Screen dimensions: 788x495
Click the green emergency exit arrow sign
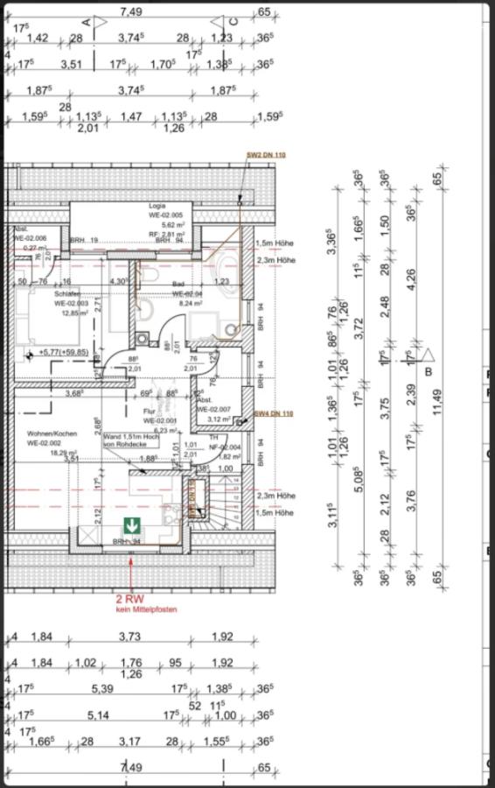[131, 526]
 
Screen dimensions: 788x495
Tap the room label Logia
[157, 206]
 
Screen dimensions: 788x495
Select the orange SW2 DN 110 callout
[266, 155]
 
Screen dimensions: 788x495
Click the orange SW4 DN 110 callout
[273, 412]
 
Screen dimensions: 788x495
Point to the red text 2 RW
[130, 599]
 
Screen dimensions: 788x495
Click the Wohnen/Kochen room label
[52, 433]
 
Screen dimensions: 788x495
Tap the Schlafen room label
[67, 293]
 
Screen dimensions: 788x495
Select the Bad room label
[178, 284]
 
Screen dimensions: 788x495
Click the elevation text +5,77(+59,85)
[64, 352]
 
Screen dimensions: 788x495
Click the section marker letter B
[429, 371]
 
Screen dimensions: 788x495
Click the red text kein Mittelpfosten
[129, 609]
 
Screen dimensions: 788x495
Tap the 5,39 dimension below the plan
[102, 690]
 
